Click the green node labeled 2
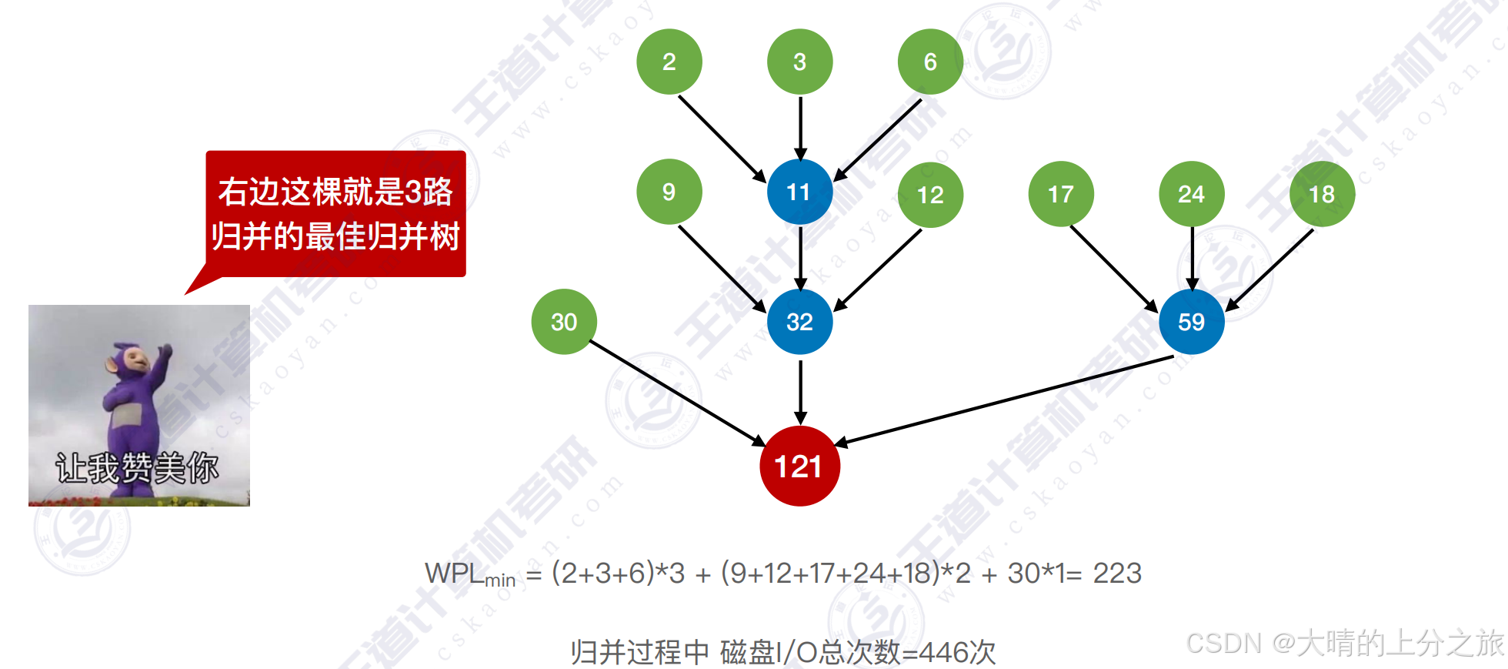pyautogui.click(x=669, y=62)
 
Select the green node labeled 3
pyautogui.click(x=799, y=62)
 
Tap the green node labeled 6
pyautogui.click(x=930, y=62)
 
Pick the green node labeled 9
pyautogui.click(x=669, y=192)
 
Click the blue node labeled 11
pyautogui.click(x=799, y=192)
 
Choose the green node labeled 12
pyautogui.click(x=930, y=195)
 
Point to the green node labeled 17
pyautogui.click(x=1061, y=194)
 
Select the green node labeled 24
pyautogui.click(x=1191, y=194)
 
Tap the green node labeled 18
pyautogui.click(x=1322, y=194)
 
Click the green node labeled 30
pyautogui.click(x=564, y=322)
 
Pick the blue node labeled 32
pyautogui.click(x=799, y=322)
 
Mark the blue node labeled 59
pyautogui.click(x=1191, y=322)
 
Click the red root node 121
pyautogui.click(x=799, y=466)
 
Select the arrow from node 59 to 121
pyautogui.click(x=1004, y=400)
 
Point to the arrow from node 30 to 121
pyautogui.click(x=677, y=393)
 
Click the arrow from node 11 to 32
pyautogui.click(x=800, y=257)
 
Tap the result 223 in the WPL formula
pyautogui.click(x=1117, y=574)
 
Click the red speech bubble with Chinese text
pyautogui.click(x=335, y=214)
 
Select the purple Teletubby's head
pyautogui.click(x=132, y=360)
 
